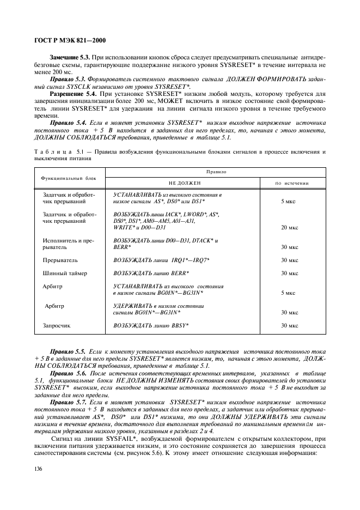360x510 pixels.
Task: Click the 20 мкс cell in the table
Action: point(289,227)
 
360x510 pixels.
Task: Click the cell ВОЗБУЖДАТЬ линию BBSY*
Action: point(151,325)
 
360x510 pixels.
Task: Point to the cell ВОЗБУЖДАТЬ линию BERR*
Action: point(151,273)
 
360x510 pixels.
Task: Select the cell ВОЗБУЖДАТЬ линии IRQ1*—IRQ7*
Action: point(161,260)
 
